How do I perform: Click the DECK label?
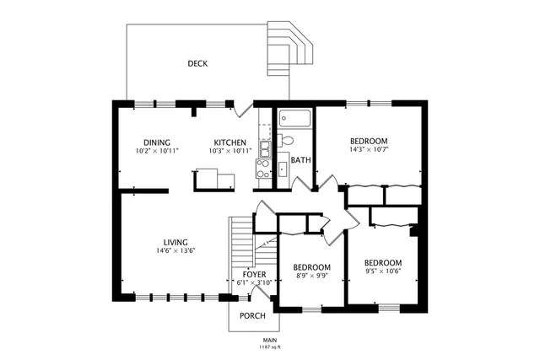[x=198, y=63]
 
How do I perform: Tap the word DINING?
[x=157, y=142]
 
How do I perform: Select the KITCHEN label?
[x=229, y=142]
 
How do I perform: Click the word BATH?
[x=300, y=159]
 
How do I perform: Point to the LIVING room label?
[x=175, y=242]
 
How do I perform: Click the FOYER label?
[x=255, y=274]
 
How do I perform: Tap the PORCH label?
[x=252, y=316]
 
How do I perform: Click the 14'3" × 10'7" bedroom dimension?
[x=369, y=150]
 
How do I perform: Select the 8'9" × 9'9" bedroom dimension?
[x=310, y=276]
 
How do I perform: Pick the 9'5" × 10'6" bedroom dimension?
[x=381, y=271]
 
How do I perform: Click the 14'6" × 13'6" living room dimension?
[x=175, y=250]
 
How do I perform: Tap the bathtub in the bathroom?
[x=295, y=118]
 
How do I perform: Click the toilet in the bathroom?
[x=287, y=140]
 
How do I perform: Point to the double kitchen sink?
[x=264, y=150]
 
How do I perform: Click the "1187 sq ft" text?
[x=269, y=347]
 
